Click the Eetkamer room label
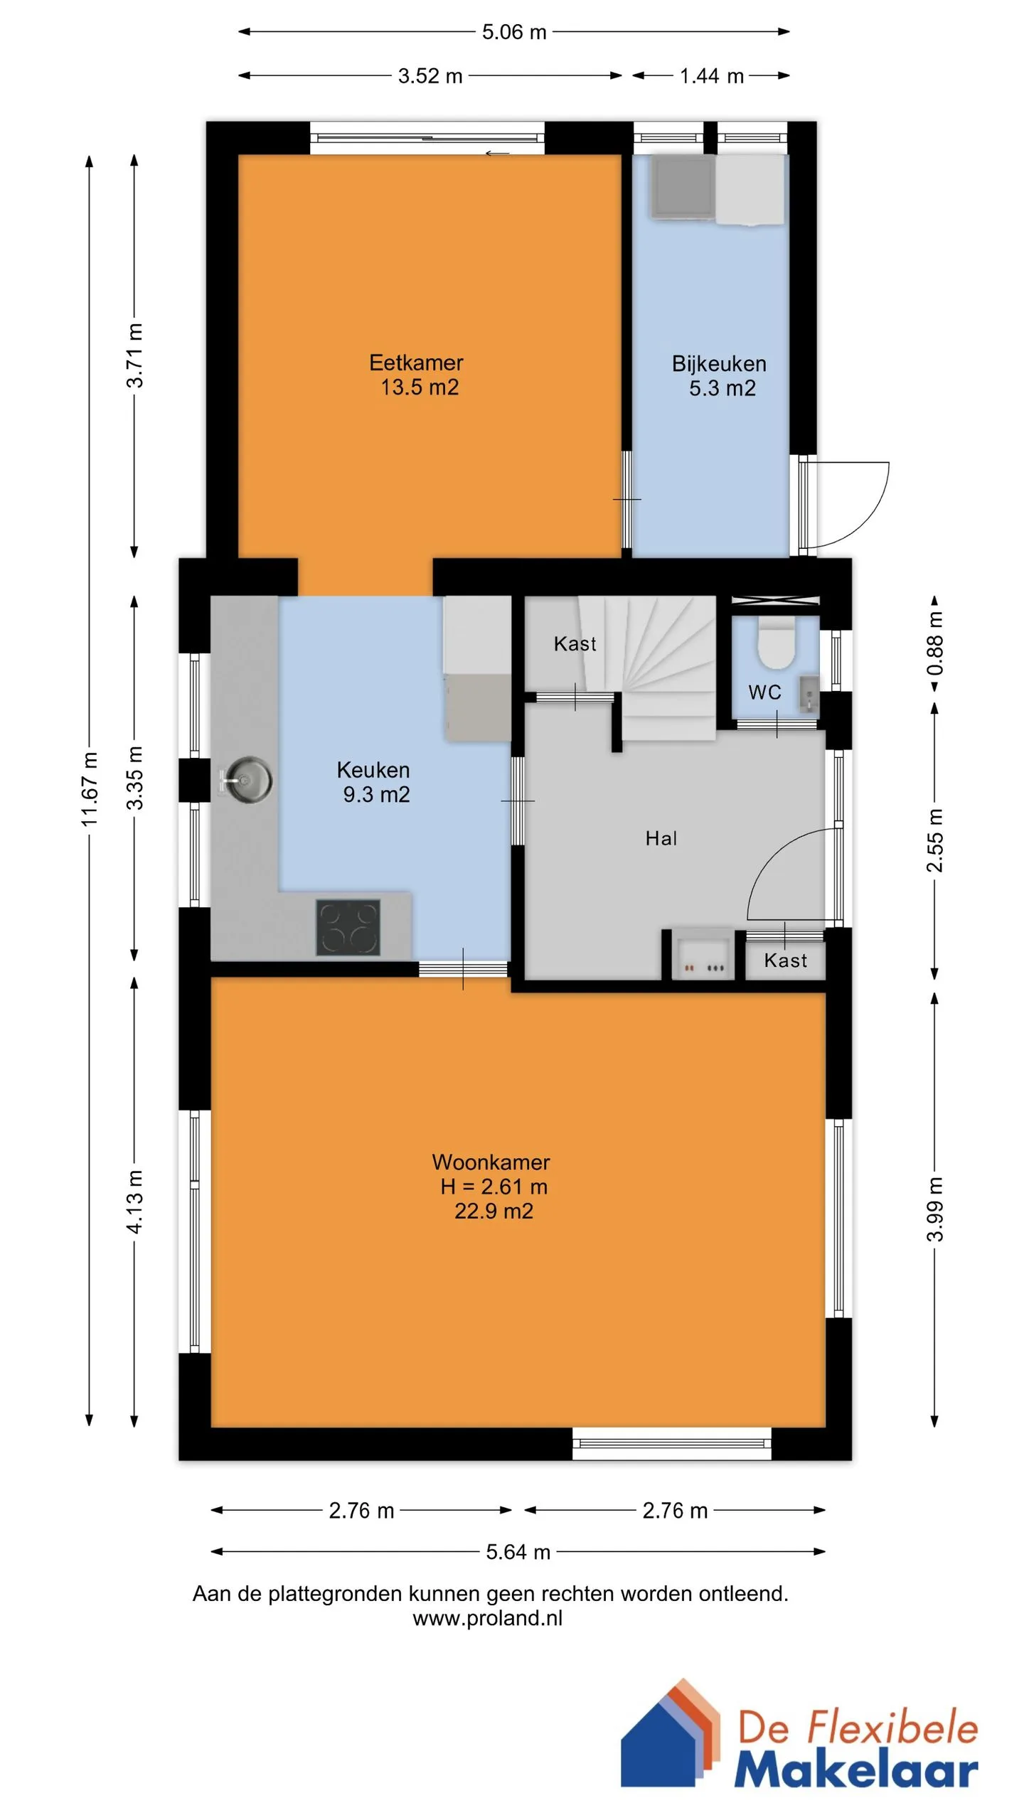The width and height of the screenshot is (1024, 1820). (416, 363)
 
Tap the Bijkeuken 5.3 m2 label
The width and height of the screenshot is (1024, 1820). (720, 376)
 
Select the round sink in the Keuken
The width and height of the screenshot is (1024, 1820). (246, 779)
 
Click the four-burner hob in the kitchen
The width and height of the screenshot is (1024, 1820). (348, 927)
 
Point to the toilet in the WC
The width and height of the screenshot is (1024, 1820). (776, 642)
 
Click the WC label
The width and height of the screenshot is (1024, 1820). (764, 692)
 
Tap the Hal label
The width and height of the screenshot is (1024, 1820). (661, 838)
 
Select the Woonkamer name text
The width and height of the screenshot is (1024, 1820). (491, 1162)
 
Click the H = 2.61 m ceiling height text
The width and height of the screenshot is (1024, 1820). (494, 1187)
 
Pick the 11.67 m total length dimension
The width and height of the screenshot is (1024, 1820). (89, 789)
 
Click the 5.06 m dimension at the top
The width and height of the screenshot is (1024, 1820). (514, 32)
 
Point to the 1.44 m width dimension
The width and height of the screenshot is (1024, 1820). (711, 76)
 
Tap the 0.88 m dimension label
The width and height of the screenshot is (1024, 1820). (934, 643)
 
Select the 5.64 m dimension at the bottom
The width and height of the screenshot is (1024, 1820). (518, 1552)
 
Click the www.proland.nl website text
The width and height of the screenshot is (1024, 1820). (487, 1618)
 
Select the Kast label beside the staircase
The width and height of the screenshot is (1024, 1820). (575, 643)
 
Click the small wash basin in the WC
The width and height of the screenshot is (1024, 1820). (809, 694)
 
